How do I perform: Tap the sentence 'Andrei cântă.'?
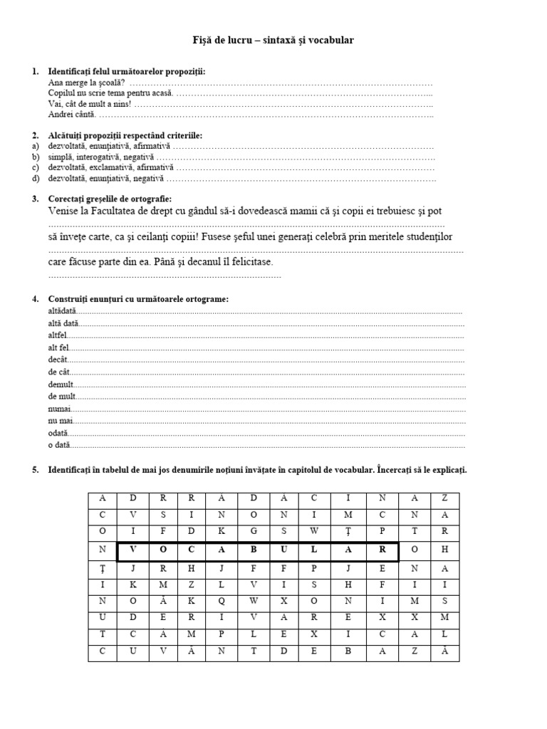71,114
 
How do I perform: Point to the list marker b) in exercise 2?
34,157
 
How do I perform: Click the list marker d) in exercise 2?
34,178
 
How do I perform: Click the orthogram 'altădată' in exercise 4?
61,311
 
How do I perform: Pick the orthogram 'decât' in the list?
57,360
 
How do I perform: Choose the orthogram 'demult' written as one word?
60,384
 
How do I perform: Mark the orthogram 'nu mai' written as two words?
60,421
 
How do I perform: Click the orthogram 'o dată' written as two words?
60,445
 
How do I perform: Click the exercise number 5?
34,471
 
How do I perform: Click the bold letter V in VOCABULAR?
132,550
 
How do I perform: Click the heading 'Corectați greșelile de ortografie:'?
109,199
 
